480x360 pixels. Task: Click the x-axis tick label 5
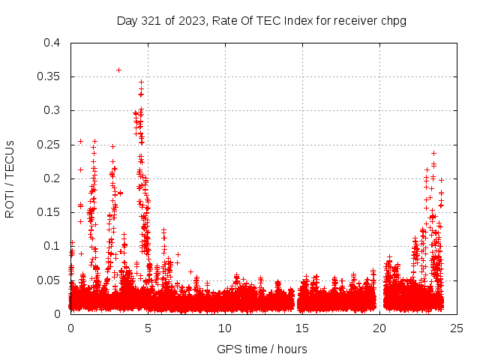point(148,328)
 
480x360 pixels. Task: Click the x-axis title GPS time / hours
point(262,349)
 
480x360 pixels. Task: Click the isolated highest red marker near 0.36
point(118,70)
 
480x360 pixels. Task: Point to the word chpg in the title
point(393,20)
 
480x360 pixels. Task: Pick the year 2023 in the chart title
point(193,20)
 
